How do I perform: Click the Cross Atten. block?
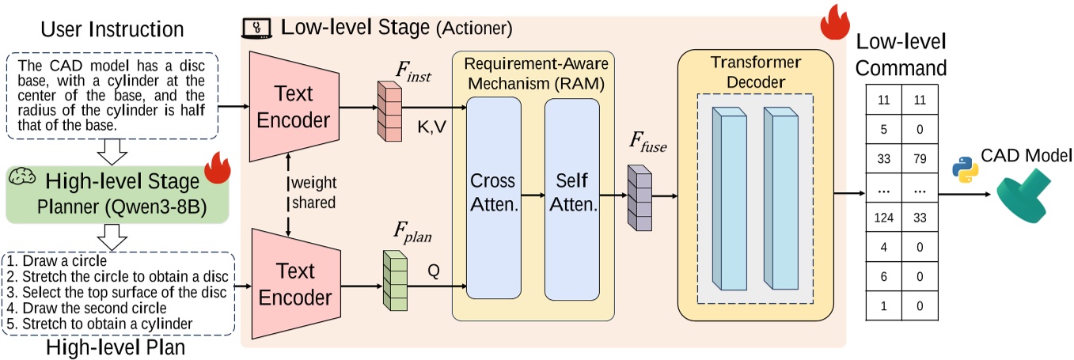coord(494,198)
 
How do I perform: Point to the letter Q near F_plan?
coord(433,269)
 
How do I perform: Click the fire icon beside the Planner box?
coord(214,168)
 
